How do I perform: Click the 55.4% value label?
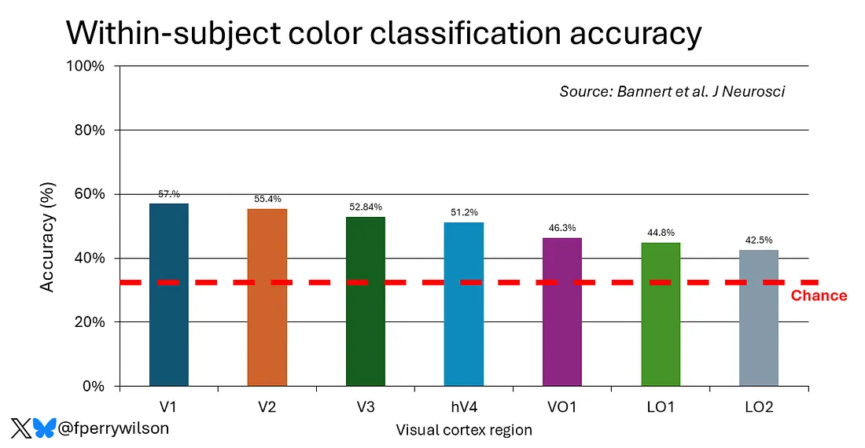tap(267, 200)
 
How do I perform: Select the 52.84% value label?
tap(366, 207)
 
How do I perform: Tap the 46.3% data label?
tap(562, 229)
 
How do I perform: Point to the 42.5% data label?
tap(759, 241)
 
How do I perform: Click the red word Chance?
tap(819, 296)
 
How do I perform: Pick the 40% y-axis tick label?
tap(89, 259)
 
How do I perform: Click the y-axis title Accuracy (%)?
tap(48, 237)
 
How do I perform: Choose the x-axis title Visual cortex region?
tap(464, 430)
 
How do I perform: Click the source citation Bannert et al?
tap(672, 92)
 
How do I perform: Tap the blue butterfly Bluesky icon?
tap(45, 428)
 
